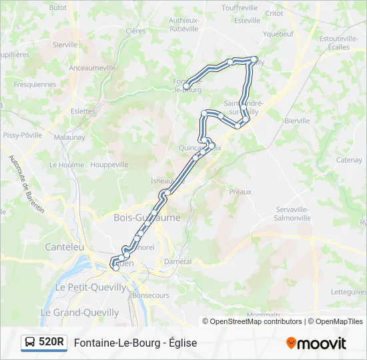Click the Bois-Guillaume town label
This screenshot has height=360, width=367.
[x=147, y=218]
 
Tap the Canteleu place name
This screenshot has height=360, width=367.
[x=65, y=247]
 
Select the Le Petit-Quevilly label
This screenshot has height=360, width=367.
[x=91, y=287]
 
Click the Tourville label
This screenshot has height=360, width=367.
[x=240, y=8]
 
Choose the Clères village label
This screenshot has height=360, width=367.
[x=135, y=31]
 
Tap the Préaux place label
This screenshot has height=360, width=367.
[x=240, y=191]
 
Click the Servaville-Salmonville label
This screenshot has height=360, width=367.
[x=294, y=213]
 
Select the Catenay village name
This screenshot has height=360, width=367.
[x=349, y=160]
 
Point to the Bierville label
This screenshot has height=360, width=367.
[x=297, y=121]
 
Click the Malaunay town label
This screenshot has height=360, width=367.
[x=69, y=137]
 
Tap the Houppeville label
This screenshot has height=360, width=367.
[x=109, y=165]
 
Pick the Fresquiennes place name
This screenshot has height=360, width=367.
[x=35, y=85]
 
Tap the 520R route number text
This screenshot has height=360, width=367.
[x=51, y=343]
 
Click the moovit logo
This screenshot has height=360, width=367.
[x=316, y=343]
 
